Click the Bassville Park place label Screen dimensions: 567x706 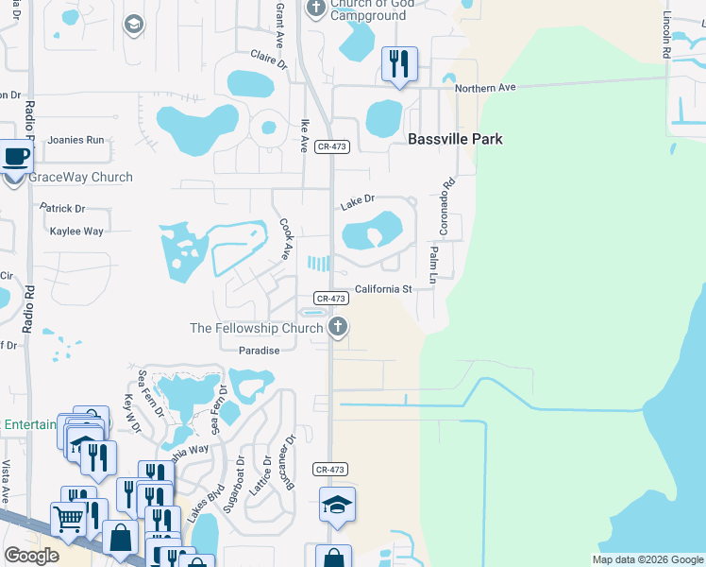[x=455, y=139]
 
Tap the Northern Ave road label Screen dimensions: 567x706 [x=485, y=88]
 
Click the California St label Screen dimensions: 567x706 [x=383, y=289]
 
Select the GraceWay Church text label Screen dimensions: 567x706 [x=81, y=177]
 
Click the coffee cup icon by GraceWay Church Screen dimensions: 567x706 [x=15, y=157]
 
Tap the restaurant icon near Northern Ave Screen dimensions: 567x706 [x=398, y=64]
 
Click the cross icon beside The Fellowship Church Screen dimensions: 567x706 [x=337, y=328]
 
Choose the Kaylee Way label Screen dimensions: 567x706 [x=76, y=232]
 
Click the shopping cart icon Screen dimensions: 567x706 [x=68, y=517]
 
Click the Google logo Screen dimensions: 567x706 [x=32, y=555]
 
